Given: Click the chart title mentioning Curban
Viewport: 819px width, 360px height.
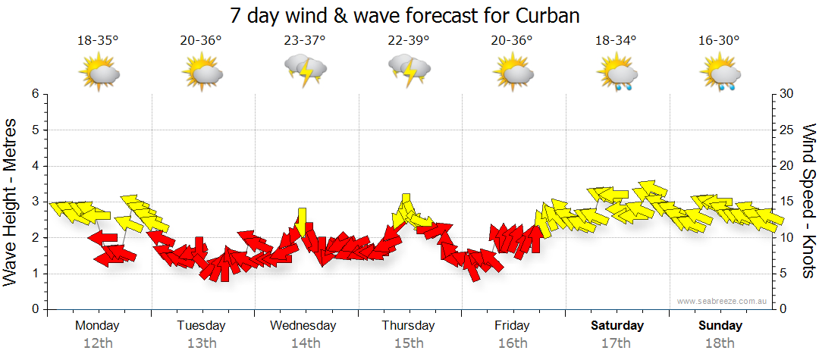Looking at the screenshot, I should pyautogui.click(x=409, y=15).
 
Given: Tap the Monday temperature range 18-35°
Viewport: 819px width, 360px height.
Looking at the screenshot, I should pyautogui.click(x=98, y=40).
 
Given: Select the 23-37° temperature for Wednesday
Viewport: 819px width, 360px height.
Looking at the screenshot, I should pyautogui.click(x=305, y=40).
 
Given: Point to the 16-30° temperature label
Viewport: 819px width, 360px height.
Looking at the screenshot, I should pyautogui.click(x=719, y=40).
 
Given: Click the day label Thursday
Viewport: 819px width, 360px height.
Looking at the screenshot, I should pyautogui.click(x=409, y=326).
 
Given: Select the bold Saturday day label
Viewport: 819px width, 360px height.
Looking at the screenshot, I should pyautogui.click(x=617, y=326).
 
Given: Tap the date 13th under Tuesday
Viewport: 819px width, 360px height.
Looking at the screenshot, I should pyautogui.click(x=202, y=343).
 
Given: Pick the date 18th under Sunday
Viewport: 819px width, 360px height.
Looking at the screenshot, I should pyautogui.click(x=720, y=343).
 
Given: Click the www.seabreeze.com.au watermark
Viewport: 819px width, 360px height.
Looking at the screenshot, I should pyautogui.click(x=723, y=302).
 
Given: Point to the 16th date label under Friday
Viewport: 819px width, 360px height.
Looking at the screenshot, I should pyautogui.click(x=513, y=343).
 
